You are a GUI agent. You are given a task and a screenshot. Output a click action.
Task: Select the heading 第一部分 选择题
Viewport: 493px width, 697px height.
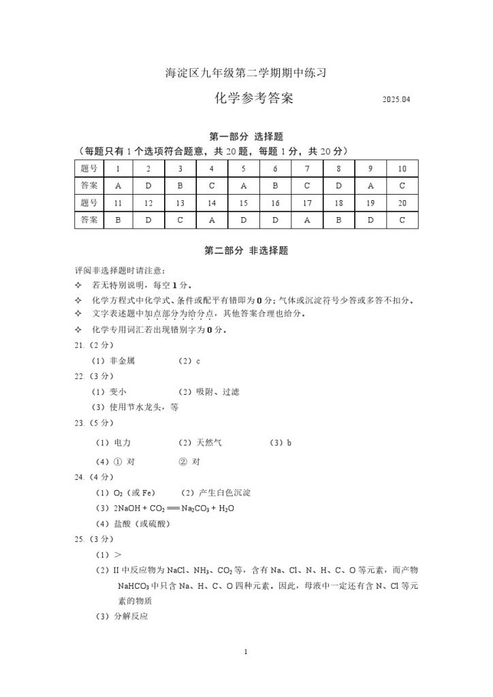(246, 137)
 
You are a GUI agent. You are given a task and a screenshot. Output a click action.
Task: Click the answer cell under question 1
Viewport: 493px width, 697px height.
(118, 185)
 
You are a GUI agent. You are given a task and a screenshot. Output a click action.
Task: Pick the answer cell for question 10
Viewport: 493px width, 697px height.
(402, 185)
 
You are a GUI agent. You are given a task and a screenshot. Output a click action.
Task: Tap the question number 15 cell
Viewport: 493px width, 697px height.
(243, 203)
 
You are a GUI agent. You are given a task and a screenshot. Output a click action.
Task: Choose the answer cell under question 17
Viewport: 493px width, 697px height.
(307, 220)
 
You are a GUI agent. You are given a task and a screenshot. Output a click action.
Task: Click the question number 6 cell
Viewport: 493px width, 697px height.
(275, 168)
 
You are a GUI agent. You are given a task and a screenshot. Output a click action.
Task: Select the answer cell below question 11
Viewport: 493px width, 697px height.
(118, 220)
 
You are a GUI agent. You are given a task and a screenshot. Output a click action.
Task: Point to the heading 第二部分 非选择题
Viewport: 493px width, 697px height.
(246, 251)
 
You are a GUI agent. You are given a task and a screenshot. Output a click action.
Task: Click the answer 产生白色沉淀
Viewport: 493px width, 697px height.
(226, 493)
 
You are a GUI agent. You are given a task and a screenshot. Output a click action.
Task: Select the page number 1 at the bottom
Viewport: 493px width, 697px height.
(246, 653)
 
